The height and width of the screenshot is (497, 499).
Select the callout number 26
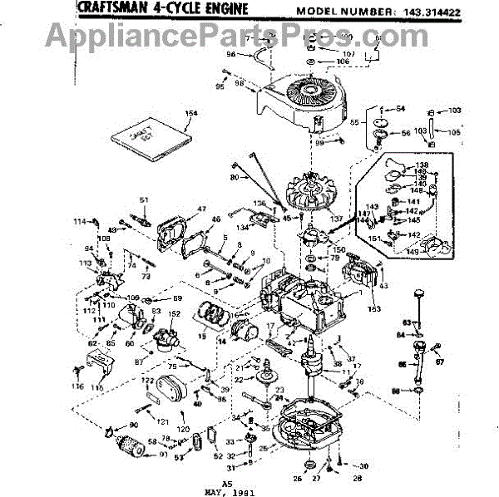coord(298,477)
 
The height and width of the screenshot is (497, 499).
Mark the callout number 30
coord(363,465)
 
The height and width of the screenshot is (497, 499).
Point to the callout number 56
coord(406,134)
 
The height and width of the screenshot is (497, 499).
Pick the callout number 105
coord(454,132)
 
